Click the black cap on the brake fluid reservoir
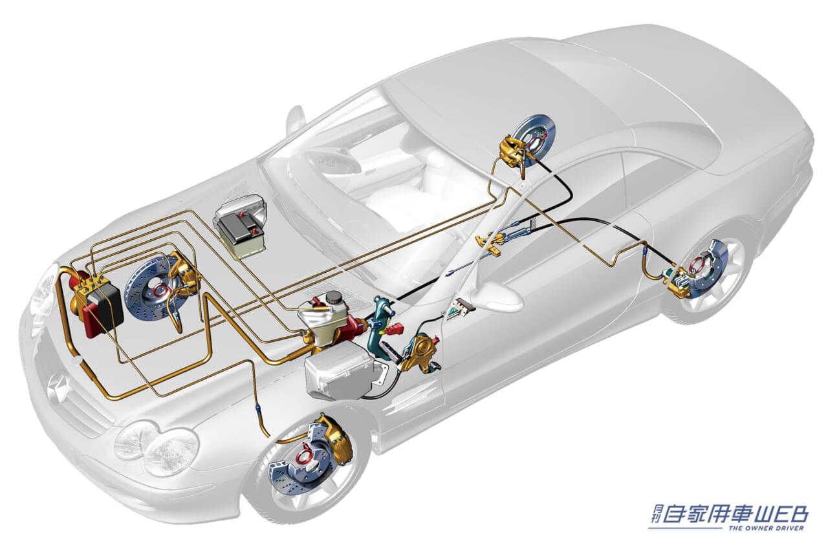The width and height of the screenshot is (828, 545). [334, 297]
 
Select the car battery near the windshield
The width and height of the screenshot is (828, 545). [240, 231]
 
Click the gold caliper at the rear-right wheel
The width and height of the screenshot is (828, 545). [676, 279]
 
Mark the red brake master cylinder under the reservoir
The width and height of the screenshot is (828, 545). [343, 323]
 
